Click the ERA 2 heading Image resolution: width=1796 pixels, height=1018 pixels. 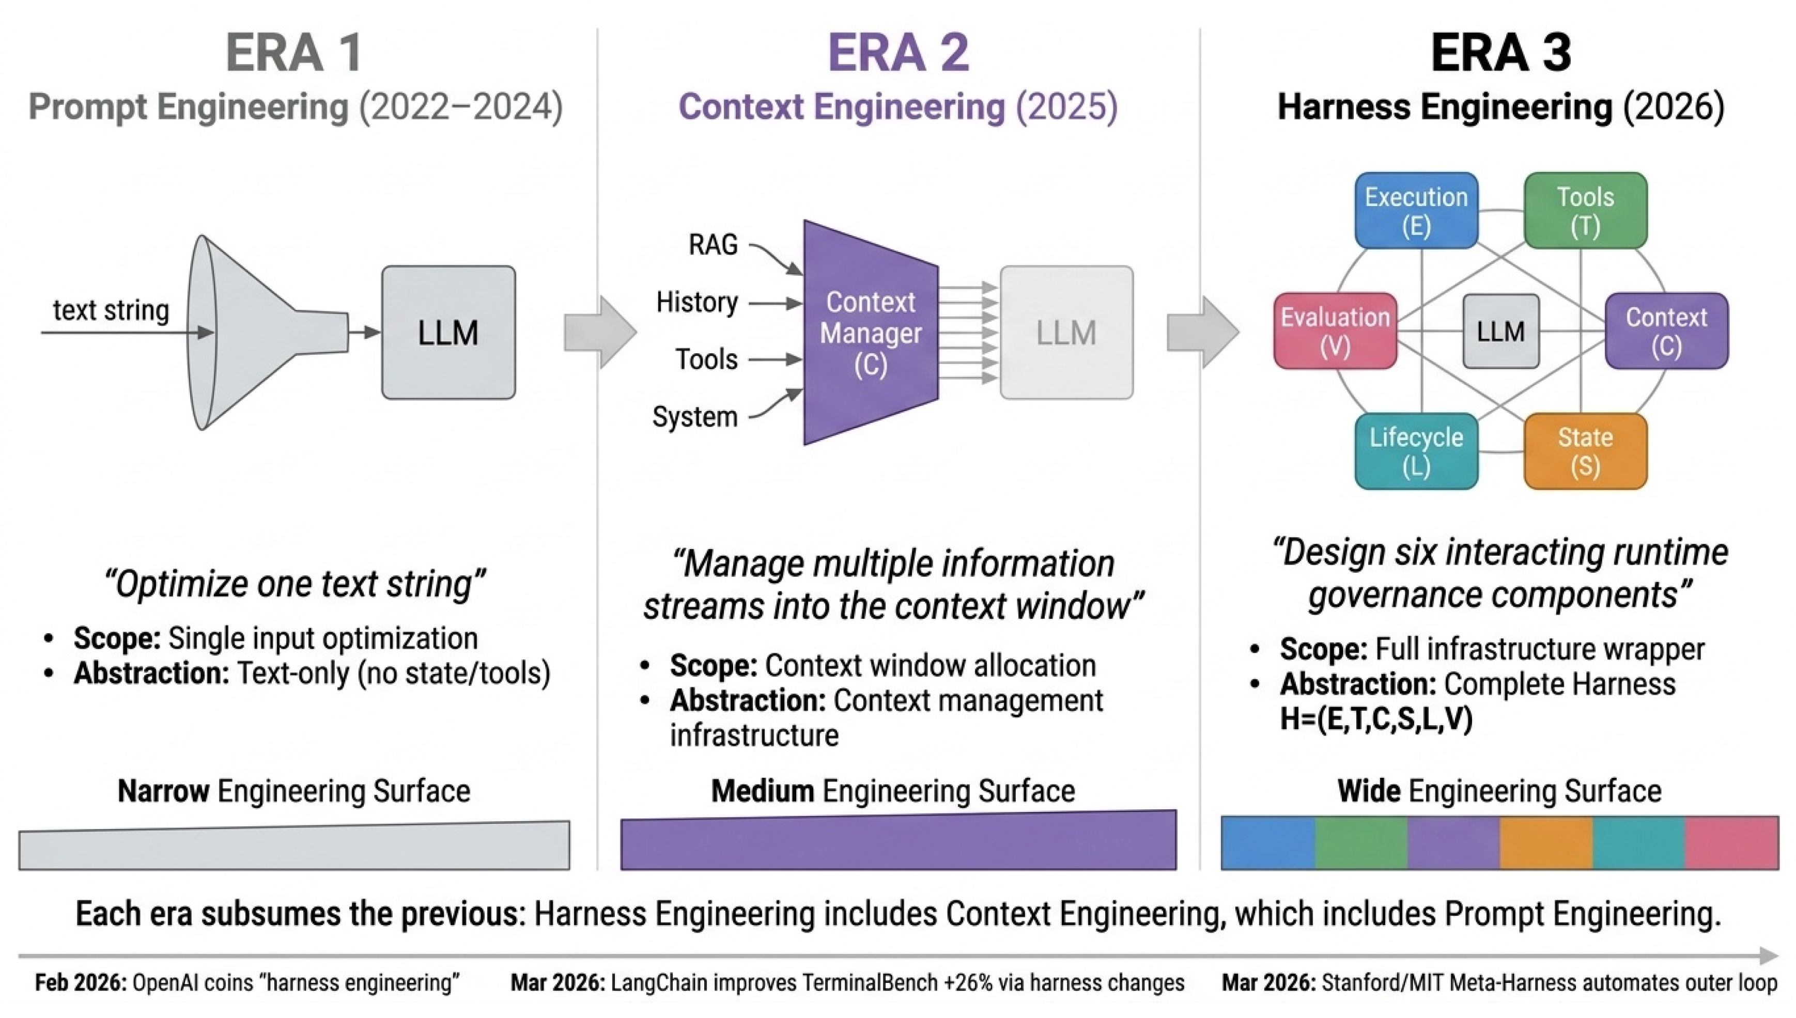click(898, 53)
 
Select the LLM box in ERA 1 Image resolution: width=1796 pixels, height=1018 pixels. click(448, 332)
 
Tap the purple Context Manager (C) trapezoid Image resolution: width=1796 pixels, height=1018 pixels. click(871, 333)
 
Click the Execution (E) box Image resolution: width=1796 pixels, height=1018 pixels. click(1416, 210)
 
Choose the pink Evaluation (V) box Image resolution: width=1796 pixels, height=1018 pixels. click(1335, 331)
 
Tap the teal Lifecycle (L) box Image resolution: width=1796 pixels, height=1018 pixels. click(1416, 451)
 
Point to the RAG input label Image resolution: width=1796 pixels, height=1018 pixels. click(713, 245)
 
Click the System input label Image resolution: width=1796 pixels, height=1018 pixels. click(694, 417)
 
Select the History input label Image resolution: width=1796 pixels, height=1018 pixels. click(696, 302)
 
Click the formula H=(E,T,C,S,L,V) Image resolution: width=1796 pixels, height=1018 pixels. click(1375, 719)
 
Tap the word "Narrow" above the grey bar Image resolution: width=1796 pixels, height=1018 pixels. click(163, 791)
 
